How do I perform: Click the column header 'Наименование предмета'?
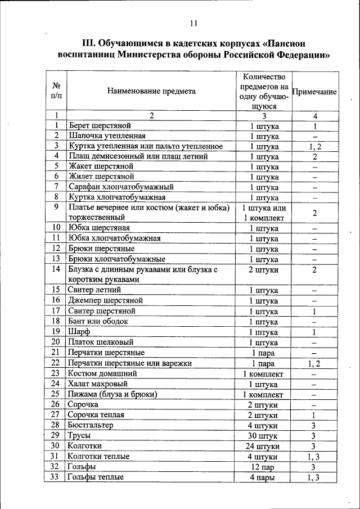148,91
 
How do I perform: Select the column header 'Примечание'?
315,91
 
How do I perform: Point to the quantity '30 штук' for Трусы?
263,435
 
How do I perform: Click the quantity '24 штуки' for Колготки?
263,446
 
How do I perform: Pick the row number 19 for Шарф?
56,332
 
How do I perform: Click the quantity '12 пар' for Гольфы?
263,467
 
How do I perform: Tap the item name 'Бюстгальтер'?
91,425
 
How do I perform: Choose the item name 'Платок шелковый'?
100,342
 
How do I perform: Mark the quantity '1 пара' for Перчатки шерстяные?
263,353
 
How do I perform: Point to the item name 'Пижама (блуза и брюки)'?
112,394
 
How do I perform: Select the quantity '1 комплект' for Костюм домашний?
263,373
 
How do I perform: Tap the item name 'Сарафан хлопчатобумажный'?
120,187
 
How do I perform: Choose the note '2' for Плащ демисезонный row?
315,156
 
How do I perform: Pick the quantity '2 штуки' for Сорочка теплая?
263,415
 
